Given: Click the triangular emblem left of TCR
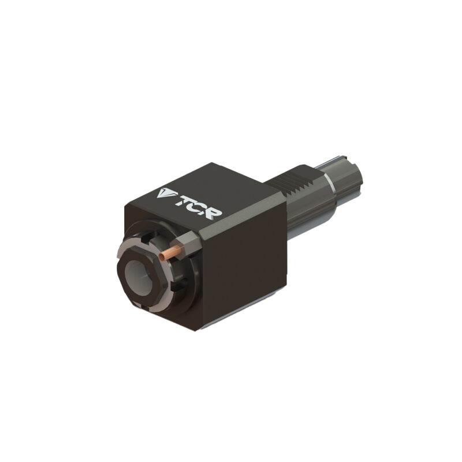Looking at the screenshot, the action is click(x=165, y=192).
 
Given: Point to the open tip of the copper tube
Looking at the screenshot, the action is click(x=161, y=256).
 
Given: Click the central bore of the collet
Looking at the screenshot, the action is click(x=139, y=278).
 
